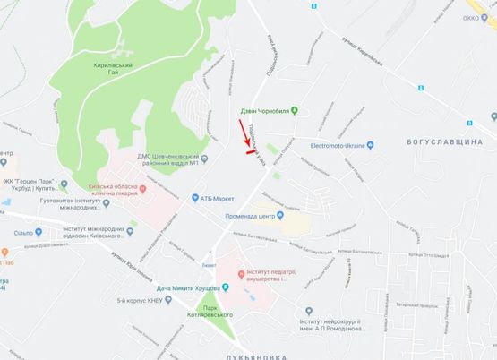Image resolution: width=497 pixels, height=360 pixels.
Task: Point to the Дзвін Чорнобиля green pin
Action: click(304, 111)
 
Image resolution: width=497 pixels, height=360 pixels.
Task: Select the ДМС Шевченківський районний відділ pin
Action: click(204, 159)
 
